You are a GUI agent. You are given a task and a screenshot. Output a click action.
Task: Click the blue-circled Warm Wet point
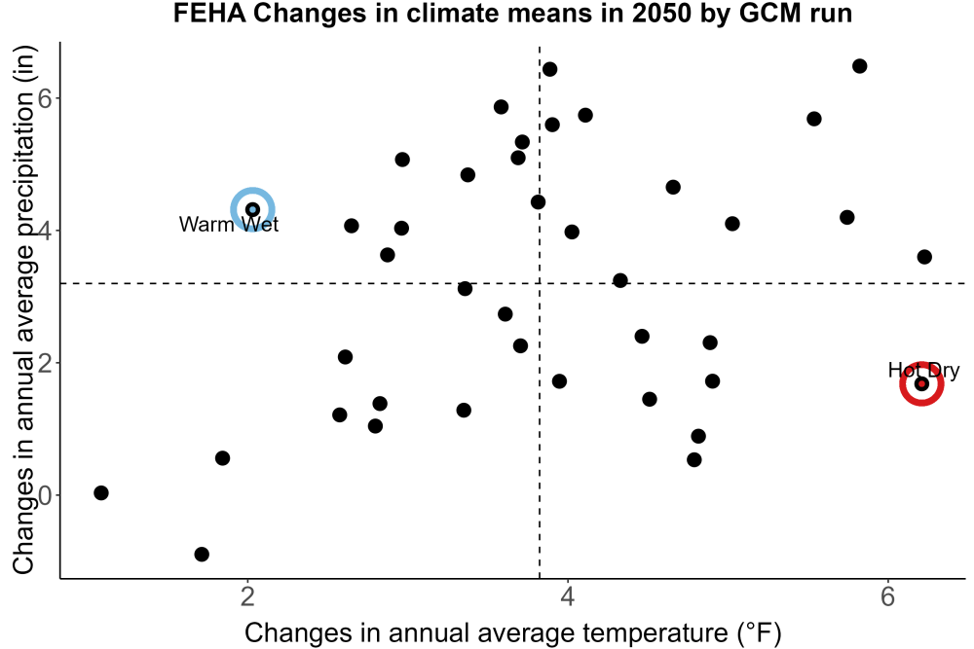(253, 210)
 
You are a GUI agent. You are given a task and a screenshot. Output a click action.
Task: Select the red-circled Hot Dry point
(921, 384)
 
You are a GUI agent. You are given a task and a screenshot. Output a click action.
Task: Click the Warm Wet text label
(229, 224)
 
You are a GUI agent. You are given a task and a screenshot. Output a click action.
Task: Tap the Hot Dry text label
(923, 371)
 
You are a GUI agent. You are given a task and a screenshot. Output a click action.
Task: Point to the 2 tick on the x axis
(248, 596)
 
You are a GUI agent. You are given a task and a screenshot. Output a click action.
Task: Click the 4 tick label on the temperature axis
(567, 596)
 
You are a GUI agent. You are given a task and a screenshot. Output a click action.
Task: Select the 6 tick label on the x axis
(887, 596)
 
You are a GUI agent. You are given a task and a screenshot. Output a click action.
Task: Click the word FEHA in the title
(209, 13)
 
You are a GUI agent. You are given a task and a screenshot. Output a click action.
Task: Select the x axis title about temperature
(512, 632)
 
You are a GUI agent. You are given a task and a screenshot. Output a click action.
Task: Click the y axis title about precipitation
(23, 309)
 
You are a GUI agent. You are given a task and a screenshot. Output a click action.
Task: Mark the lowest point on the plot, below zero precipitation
(202, 554)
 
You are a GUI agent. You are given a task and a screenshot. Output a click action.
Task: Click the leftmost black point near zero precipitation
(101, 492)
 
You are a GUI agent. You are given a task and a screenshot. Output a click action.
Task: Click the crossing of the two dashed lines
(540, 283)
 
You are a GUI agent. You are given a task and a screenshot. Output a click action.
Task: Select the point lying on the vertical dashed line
(538, 202)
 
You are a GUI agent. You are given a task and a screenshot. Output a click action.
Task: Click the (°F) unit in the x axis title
(759, 632)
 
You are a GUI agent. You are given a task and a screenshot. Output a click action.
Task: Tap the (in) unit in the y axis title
(23, 64)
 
